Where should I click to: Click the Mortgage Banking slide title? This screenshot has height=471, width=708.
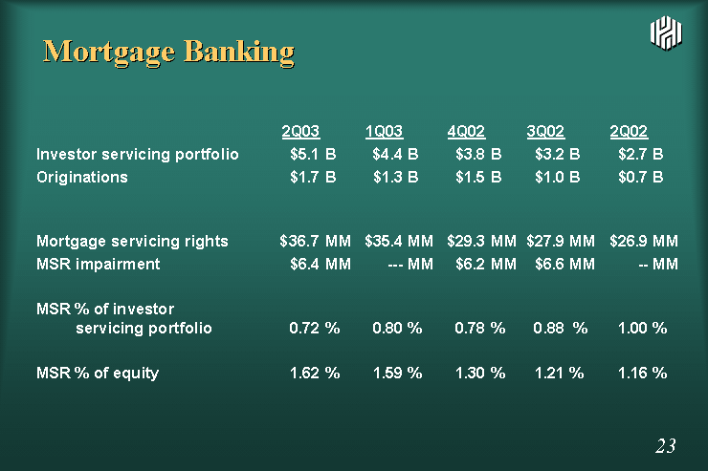coord(168,52)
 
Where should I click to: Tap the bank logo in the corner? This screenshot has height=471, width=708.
coord(666,32)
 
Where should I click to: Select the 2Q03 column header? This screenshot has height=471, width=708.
coord(300,131)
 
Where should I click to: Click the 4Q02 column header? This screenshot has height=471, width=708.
coord(466,131)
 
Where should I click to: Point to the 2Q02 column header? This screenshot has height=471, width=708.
coord(629,131)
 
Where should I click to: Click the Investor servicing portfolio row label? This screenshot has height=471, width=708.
coord(137,155)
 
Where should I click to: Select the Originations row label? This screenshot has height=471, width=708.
coord(82,177)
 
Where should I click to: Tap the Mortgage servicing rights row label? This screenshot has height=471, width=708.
coord(132,241)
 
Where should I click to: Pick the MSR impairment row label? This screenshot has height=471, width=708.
coord(98,264)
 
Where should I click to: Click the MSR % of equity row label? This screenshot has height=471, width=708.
coord(98,373)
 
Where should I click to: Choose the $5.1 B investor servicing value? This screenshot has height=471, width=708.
coord(313,154)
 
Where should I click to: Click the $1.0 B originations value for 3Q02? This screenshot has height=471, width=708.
coord(557,177)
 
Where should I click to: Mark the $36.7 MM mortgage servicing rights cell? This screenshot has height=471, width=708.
coord(315,241)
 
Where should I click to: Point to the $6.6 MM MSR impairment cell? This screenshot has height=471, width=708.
coord(564,264)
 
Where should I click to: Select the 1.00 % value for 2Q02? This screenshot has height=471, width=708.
coord(643,328)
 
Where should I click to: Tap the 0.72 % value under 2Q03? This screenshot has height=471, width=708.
coord(314,328)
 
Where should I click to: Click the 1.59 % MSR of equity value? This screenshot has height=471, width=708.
coord(397,373)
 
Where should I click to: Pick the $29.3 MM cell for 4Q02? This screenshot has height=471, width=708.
coord(481,241)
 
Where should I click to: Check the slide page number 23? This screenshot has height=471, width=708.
coord(666,446)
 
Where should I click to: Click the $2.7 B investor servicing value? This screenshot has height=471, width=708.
coord(641,154)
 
